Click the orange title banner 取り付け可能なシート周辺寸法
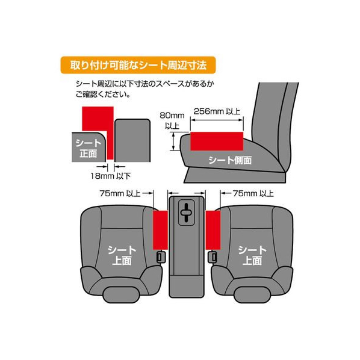coord(138,65)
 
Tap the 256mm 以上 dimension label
coord(217,111)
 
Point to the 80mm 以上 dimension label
coord(172,120)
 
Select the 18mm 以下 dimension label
coord(110,176)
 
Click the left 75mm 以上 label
coord(120,193)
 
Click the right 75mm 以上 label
coord(253,193)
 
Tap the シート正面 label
coord(88,148)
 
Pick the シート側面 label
coord(230,160)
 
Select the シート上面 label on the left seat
coord(122,255)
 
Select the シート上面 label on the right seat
coord(252,255)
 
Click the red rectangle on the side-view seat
coord(217,141)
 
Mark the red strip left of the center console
coord(161,230)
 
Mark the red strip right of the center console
coord(213,230)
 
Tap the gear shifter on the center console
coord(187,213)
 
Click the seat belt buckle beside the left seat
coord(161,257)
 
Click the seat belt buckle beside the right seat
coord(213,257)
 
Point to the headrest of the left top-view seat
coord(121,294)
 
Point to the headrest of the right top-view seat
coord(252,294)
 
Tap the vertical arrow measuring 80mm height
coord(173,141)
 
